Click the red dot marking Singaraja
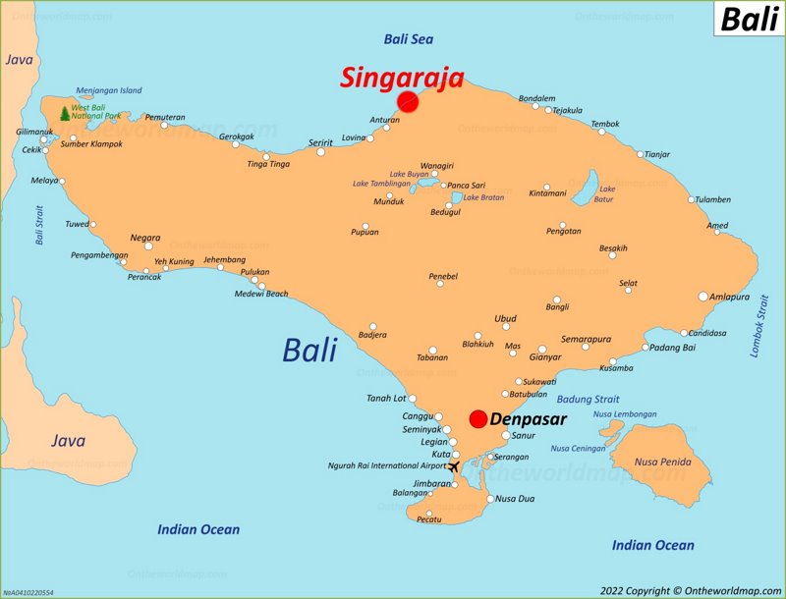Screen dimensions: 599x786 pos(408,101)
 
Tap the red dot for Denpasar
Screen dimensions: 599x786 pos(478,419)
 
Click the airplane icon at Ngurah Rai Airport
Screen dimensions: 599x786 pos(453,466)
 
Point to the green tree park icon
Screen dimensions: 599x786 pos(65,113)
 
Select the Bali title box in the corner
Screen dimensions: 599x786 pos(750,19)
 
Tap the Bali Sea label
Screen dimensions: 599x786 pos(409,39)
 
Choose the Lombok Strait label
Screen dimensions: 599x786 pos(760,324)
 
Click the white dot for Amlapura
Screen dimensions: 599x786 pos(703,296)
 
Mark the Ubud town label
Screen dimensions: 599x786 pos(505,318)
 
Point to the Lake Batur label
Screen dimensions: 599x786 pos(606,194)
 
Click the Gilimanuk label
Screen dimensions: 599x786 pos(34,132)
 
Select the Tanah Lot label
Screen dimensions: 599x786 pos(386,398)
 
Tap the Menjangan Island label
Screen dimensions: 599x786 pos(109,90)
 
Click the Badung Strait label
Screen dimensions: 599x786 pos(588,400)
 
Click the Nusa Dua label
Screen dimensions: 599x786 pos(515,499)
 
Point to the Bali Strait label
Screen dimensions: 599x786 pos(40,225)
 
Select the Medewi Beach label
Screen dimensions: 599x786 pos(261,294)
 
